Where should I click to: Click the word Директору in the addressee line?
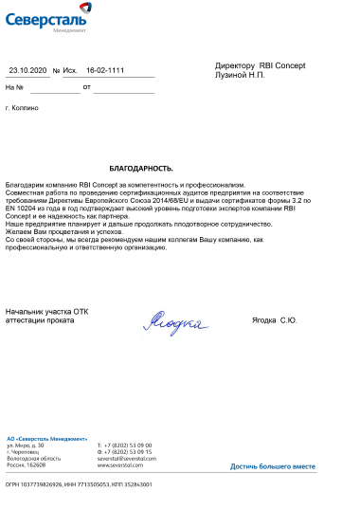tap(236, 65)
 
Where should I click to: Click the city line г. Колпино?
tap(22, 109)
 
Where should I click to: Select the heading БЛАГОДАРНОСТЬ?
tap(147, 167)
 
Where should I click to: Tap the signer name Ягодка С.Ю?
tap(275, 320)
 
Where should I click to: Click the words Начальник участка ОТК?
tap(46, 311)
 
